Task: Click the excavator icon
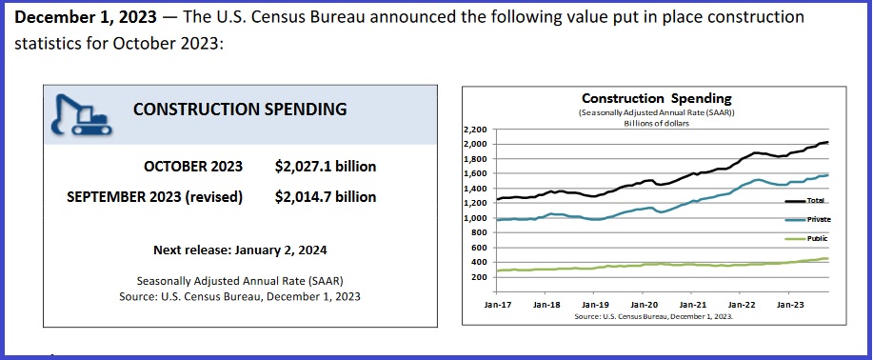click(x=80, y=111)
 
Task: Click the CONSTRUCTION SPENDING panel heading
click(x=239, y=109)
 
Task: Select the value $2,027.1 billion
click(x=325, y=167)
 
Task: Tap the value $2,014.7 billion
click(x=325, y=197)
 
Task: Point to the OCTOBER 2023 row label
click(x=193, y=167)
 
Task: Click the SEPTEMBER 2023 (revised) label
click(x=154, y=197)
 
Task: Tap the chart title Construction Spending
click(x=656, y=98)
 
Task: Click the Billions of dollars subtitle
click(x=656, y=123)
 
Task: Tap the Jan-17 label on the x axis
click(x=497, y=304)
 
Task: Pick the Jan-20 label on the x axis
click(x=645, y=304)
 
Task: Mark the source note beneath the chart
click(x=656, y=315)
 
